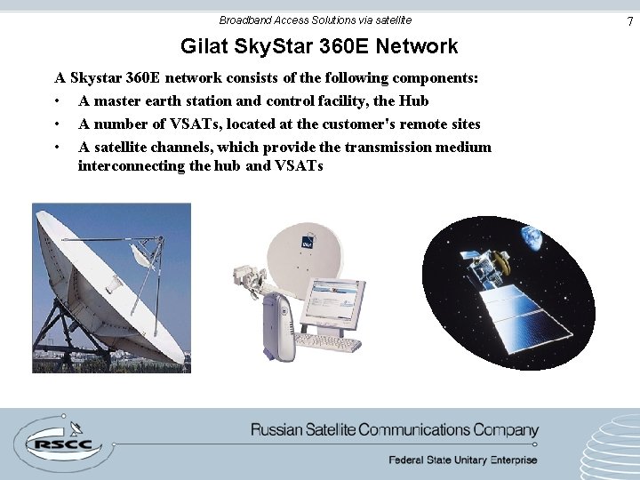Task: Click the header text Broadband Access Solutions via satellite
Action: coord(316,20)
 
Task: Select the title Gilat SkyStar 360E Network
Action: coord(319,46)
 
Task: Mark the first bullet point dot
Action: coord(56,101)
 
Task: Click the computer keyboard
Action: coord(327,342)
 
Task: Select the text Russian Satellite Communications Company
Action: coord(395,430)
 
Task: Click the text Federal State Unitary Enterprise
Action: coord(462,460)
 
